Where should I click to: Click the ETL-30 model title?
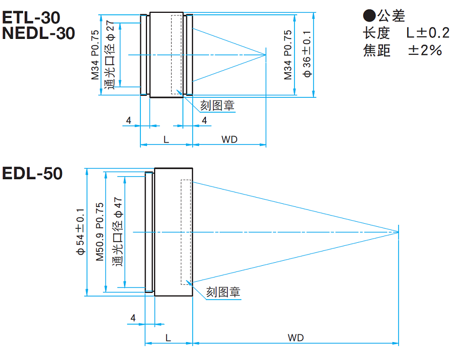coord(31,17)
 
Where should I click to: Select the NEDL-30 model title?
coord(38,33)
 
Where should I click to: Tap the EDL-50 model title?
coord(32,174)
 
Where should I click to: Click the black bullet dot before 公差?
coord(369,15)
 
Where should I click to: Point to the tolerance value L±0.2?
coord(428,33)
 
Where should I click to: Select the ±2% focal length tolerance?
coord(425,50)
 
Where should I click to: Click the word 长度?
coord(376,33)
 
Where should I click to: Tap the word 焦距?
coord(376,50)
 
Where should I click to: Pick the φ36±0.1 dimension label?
coord(307,54)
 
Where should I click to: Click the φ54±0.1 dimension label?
coord(80,232)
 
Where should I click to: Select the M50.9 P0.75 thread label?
coord(100,232)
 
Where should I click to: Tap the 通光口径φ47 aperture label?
coord(118,232)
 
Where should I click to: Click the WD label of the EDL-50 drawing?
coord(296,337)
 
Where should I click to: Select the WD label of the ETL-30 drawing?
coord(229,139)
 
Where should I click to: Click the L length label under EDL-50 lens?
coord(168,337)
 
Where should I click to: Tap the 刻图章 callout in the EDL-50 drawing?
coord(223,292)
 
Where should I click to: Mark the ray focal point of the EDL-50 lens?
coord(399,232)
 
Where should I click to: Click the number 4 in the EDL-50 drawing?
coord(133,317)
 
